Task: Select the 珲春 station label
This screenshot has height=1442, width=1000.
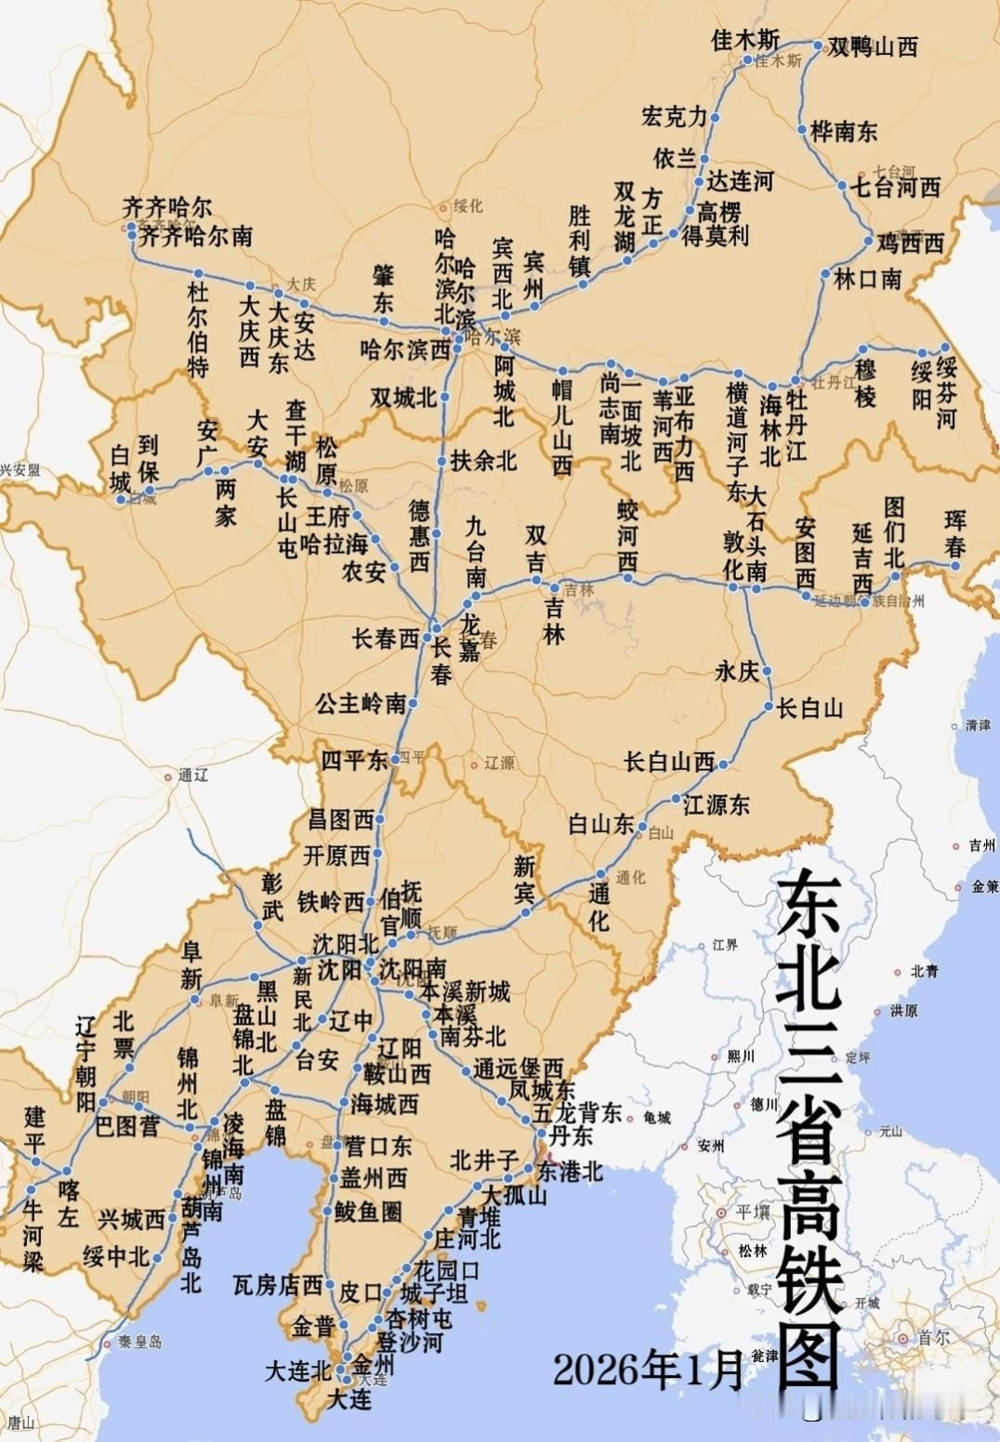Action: tap(954, 533)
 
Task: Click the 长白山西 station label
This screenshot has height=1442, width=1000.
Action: tap(669, 762)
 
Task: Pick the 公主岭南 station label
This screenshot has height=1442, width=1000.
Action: tap(360, 702)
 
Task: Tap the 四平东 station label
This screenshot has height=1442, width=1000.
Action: tap(354, 759)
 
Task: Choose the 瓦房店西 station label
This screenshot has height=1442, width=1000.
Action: tap(277, 1285)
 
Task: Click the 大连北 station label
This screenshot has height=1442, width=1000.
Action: tap(297, 1370)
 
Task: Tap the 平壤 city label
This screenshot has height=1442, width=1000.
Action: tap(753, 1213)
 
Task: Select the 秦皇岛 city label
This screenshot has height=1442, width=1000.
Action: tap(139, 1342)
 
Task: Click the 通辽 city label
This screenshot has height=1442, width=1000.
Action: tap(191, 775)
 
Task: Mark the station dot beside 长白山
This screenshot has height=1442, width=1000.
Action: tap(770, 708)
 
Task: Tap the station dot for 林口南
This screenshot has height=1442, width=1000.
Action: tap(824, 274)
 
